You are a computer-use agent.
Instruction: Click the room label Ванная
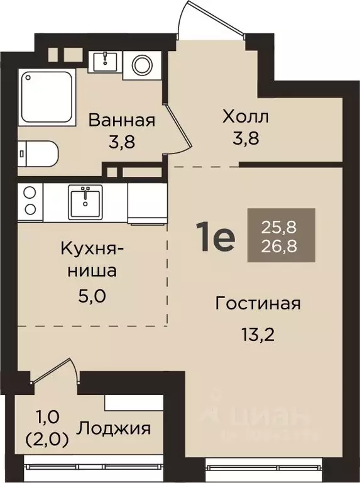[121, 119]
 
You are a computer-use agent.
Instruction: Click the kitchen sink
[85, 201]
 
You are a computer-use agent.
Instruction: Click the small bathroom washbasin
[104, 62]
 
